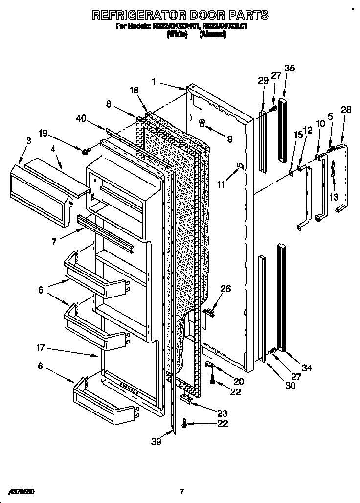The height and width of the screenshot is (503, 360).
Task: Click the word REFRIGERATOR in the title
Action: pyautogui.click(x=141, y=15)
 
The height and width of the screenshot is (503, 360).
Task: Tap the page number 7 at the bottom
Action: pyautogui.click(x=181, y=491)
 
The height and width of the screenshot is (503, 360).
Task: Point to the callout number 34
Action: pyautogui.click(x=307, y=367)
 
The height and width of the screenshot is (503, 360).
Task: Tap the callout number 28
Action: pyautogui.click(x=346, y=110)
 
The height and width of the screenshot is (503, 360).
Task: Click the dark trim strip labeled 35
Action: pyautogui.click(x=282, y=130)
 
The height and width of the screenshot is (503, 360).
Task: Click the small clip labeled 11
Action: pyautogui.click(x=239, y=165)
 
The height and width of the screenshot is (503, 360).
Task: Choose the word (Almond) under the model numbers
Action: pyautogui.click(x=213, y=35)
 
